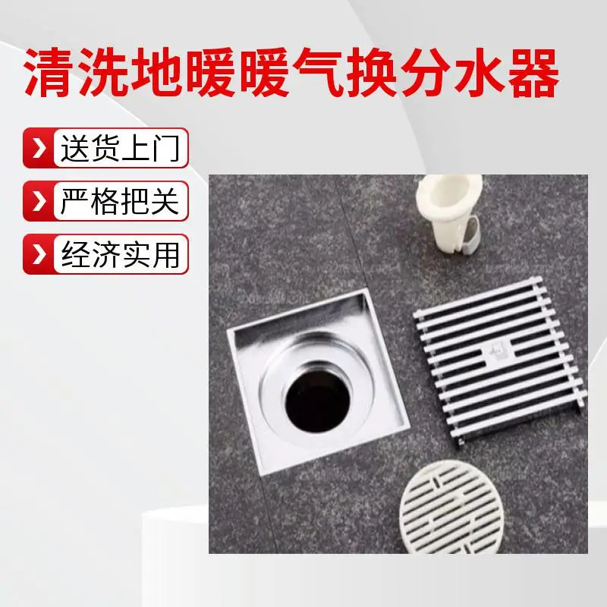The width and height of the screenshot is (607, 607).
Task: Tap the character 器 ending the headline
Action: click(x=534, y=72)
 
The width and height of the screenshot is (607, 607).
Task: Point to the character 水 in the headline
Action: click(x=480, y=72)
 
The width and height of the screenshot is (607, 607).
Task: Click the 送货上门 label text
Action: click(x=120, y=148)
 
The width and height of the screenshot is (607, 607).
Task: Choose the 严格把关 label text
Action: click(x=120, y=201)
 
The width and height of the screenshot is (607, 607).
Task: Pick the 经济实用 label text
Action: click(x=120, y=254)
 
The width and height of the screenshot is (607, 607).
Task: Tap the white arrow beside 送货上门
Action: click(x=39, y=148)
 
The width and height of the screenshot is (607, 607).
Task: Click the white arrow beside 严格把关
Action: click(x=39, y=201)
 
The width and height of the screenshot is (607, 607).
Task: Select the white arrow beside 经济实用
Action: click(x=39, y=254)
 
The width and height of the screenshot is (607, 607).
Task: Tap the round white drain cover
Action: click(x=452, y=507)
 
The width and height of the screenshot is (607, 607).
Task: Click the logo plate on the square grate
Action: click(x=496, y=354)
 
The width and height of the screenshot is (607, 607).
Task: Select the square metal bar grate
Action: click(x=500, y=360)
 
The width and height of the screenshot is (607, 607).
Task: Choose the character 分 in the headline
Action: click(x=426, y=72)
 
